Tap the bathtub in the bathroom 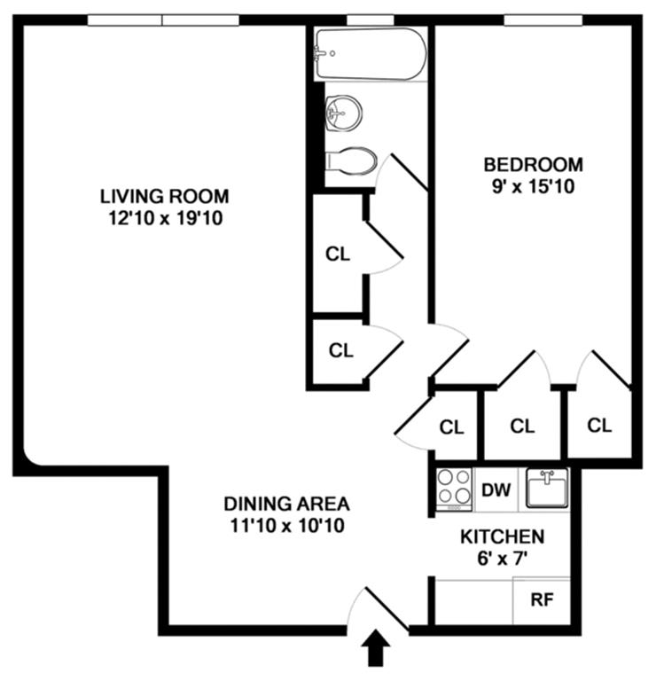[x=371, y=54]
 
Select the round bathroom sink [x=343, y=113]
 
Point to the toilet [x=351, y=161]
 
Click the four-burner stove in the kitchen [x=454, y=489]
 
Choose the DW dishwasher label [x=496, y=489]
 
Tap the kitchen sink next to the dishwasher [x=547, y=489]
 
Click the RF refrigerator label [x=542, y=599]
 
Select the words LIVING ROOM [x=165, y=196]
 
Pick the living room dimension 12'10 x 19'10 [x=166, y=218]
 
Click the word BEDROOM [x=534, y=165]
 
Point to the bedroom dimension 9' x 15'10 [x=534, y=186]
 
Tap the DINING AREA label [x=286, y=504]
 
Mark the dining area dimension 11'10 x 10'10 [x=287, y=526]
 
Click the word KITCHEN [x=503, y=536]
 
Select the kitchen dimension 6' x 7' [x=503, y=559]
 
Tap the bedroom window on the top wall [x=543, y=20]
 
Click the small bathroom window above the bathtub [x=370, y=20]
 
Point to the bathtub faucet [x=321, y=54]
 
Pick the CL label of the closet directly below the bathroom [x=338, y=254]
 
